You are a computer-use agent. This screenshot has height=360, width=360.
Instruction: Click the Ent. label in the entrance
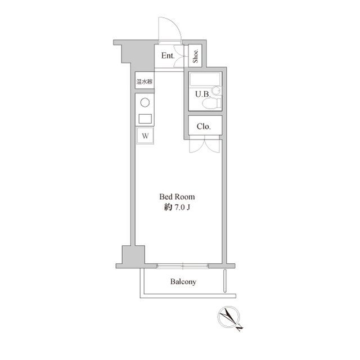point(168,56)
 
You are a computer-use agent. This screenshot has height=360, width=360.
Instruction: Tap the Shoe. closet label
point(195,56)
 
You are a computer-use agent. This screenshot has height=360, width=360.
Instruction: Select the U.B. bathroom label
point(202,94)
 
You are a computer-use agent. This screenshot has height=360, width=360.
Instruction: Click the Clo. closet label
point(204,126)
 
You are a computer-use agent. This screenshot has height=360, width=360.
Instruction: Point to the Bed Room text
point(177,197)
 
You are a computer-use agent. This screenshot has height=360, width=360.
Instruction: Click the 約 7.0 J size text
point(177,208)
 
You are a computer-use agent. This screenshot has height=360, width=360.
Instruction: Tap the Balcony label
point(183,282)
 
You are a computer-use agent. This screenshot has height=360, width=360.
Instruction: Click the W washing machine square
point(145,136)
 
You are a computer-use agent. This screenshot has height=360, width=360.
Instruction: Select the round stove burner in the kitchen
point(145,102)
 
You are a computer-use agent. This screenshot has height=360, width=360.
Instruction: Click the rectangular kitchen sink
point(145,119)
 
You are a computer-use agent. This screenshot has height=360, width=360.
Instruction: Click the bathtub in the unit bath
point(205,79)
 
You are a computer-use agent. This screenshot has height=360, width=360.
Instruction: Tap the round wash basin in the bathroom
point(216,91)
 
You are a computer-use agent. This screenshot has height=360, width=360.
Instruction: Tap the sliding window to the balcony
point(183,266)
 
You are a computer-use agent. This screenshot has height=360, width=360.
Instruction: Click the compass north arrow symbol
point(228,317)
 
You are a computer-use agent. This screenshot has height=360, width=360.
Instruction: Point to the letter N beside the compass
point(240,327)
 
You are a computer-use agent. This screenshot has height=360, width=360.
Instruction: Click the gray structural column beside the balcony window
point(133,255)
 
